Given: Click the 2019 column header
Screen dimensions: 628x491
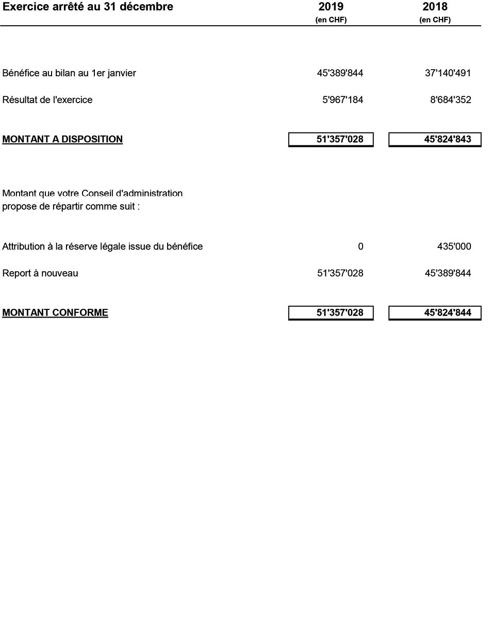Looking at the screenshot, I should pyautogui.click(x=331, y=7).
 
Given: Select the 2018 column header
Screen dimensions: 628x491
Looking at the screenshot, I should pyautogui.click(x=435, y=7).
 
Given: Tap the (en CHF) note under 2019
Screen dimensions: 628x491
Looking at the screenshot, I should pyautogui.click(x=331, y=20).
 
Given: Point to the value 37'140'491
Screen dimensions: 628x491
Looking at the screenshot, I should pyautogui.click(x=447, y=73).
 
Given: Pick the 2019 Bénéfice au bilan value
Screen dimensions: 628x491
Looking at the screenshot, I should pyautogui.click(x=340, y=73).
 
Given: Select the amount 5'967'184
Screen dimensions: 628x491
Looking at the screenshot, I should pyautogui.click(x=342, y=100).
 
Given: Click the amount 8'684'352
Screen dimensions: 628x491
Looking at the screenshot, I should pyautogui.click(x=450, y=100).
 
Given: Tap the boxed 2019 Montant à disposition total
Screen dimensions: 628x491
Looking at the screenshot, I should pyautogui.click(x=340, y=139).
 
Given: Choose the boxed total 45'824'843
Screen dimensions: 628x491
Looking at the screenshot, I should pyautogui.click(x=447, y=139).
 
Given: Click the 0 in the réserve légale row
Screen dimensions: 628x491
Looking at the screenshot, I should pyautogui.click(x=361, y=246).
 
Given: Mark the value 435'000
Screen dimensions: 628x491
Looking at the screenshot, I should pyautogui.click(x=454, y=246).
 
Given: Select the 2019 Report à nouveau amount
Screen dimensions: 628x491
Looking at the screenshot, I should pyautogui.click(x=340, y=273).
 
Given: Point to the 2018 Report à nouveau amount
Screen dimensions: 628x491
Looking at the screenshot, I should pyautogui.click(x=447, y=273).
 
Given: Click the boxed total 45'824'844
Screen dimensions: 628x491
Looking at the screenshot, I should pyautogui.click(x=447, y=312).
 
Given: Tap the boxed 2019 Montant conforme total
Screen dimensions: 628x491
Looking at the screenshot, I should pyautogui.click(x=340, y=312).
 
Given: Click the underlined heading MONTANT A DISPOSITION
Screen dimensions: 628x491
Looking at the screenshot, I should pyautogui.click(x=62, y=139).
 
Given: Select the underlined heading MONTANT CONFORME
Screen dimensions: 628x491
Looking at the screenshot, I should pyautogui.click(x=55, y=312).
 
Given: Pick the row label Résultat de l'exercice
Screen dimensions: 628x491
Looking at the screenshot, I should pyautogui.click(x=47, y=100).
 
